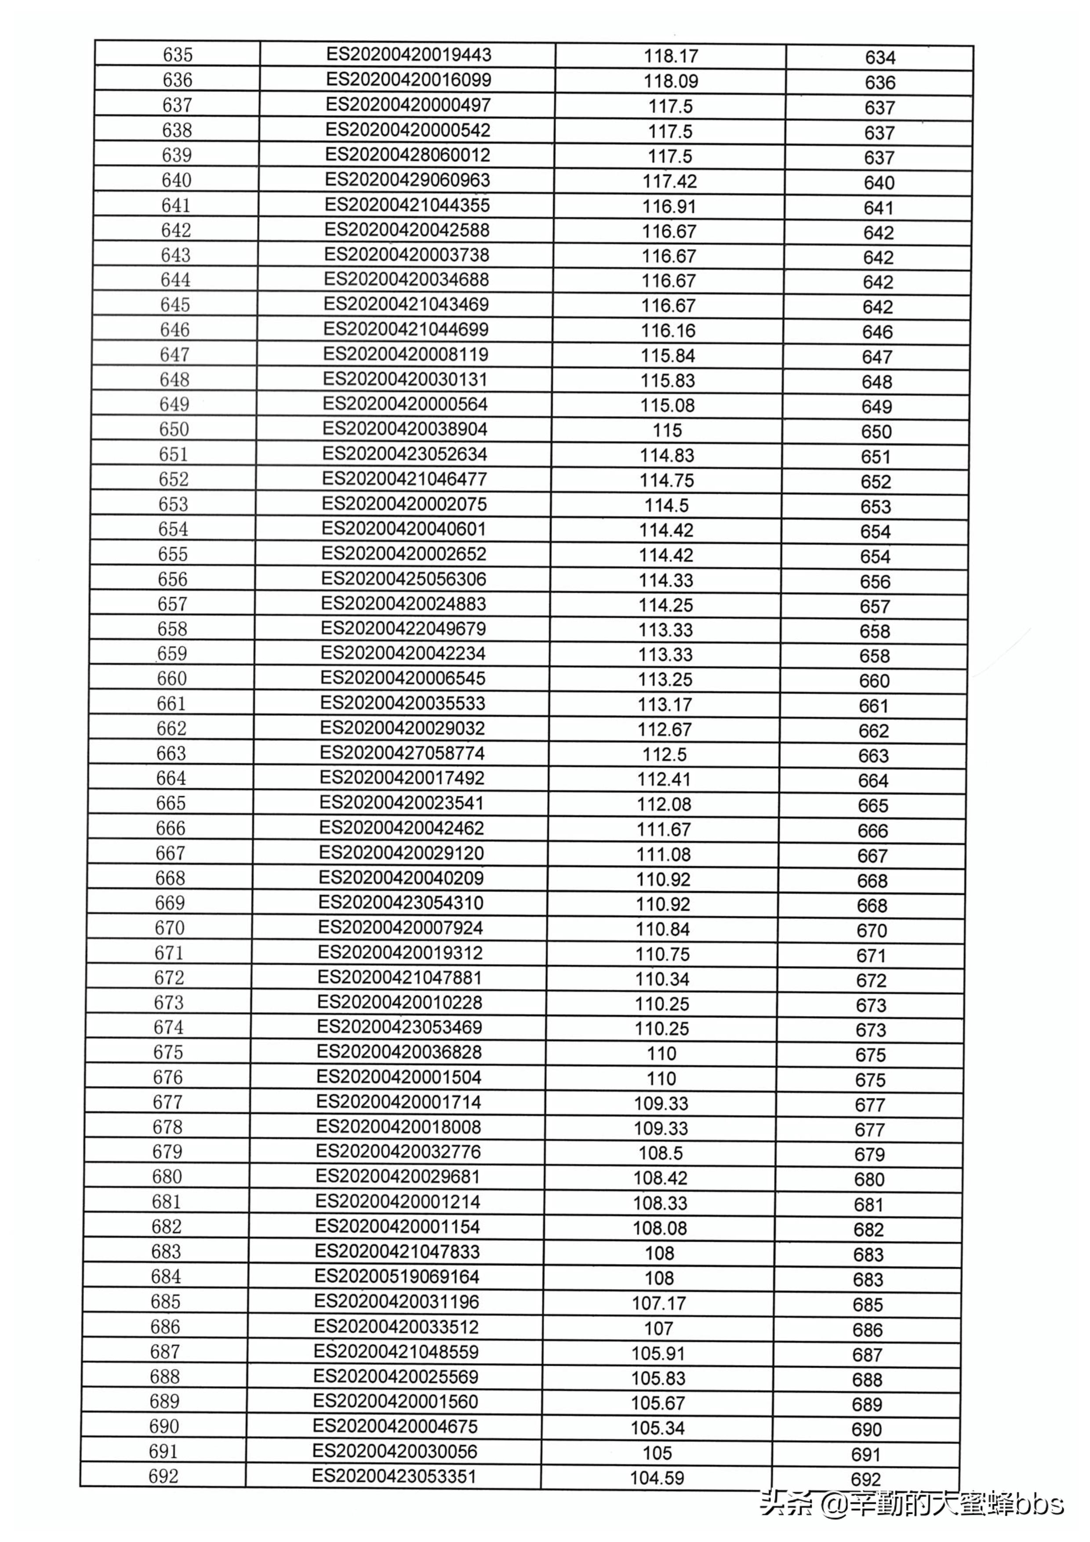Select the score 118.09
tap(671, 81)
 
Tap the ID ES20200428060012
tap(407, 155)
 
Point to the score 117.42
tap(669, 181)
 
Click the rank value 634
tap(880, 58)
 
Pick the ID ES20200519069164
tap(397, 1276)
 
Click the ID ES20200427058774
tap(402, 753)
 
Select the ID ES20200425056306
tap(403, 579)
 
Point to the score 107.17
tap(658, 1303)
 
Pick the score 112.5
tap(665, 754)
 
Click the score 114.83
tap(666, 456)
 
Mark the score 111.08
tap(663, 854)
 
